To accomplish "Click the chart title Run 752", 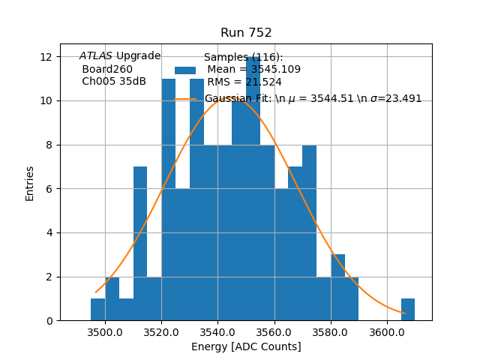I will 246,33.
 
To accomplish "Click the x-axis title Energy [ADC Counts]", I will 246,346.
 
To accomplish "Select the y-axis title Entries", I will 30,183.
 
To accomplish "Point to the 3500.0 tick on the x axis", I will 105,331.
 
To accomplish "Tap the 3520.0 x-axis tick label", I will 161,331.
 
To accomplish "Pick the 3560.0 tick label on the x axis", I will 274,331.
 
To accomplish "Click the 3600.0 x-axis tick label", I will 387,331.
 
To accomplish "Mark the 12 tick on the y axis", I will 46,57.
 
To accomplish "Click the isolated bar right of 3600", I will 408,310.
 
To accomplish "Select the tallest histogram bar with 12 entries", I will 253,187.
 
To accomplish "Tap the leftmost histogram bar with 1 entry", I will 97,310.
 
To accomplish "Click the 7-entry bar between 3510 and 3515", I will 140,244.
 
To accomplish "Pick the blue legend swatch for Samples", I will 185,70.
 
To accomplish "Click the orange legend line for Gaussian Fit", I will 185,99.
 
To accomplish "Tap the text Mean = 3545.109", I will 253,70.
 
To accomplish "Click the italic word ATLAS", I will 96,56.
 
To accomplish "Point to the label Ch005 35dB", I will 114,82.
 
